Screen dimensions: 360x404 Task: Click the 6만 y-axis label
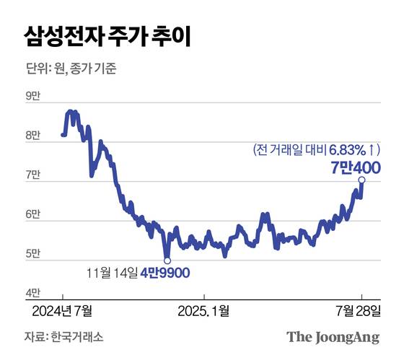(x=33, y=216)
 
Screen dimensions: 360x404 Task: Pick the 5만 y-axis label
(x=33, y=254)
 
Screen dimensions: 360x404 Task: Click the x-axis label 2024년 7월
(x=63, y=310)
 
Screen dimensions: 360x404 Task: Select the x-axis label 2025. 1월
(x=205, y=310)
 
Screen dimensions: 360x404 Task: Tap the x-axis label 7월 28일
(x=361, y=310)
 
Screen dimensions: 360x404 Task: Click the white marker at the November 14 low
(x=167, y=260)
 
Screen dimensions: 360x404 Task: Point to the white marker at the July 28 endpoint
(x=361, y=180)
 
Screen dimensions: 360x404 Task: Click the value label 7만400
(x=355, y=167)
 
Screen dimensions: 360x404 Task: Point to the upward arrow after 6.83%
(x=371, y=150)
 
